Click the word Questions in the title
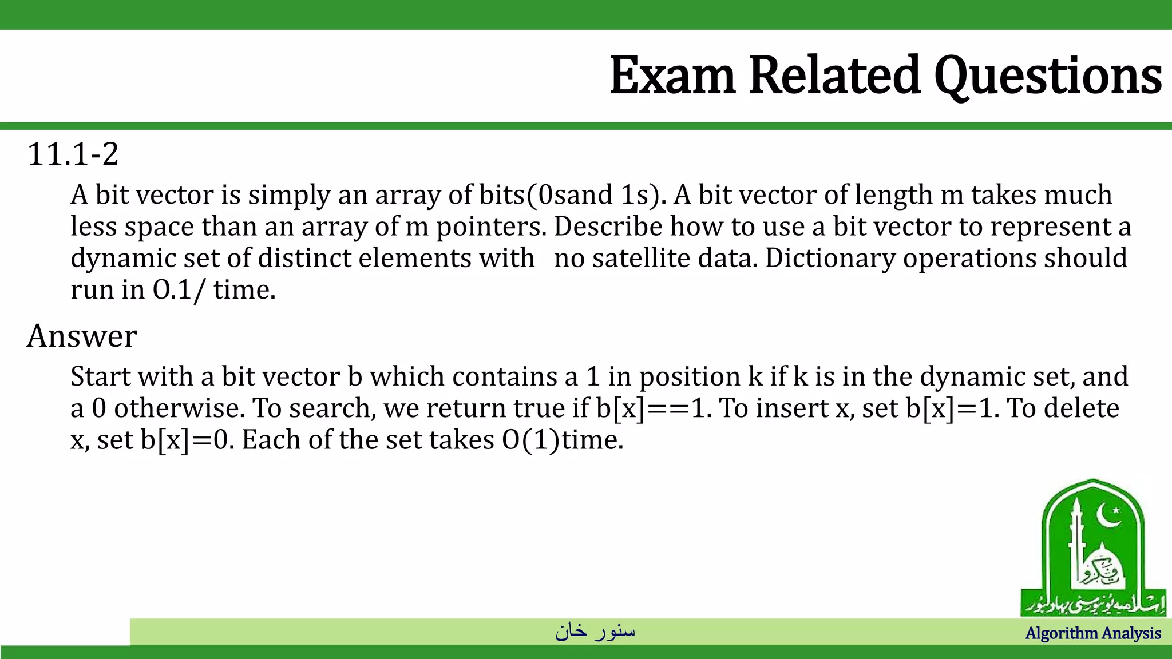pos(1048,76)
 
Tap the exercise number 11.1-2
pos(73,154)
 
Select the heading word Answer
pos(82,336)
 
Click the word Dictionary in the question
pos(830,259)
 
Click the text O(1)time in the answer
pos(561,440)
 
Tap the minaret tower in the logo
pos(1076,543)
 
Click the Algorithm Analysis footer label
pos(1093,633)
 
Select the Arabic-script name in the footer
pos(595,631)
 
